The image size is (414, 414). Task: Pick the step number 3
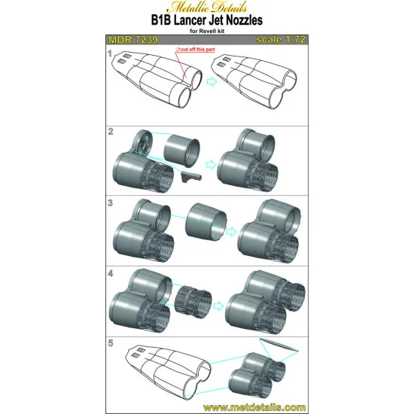click(111, 202)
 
